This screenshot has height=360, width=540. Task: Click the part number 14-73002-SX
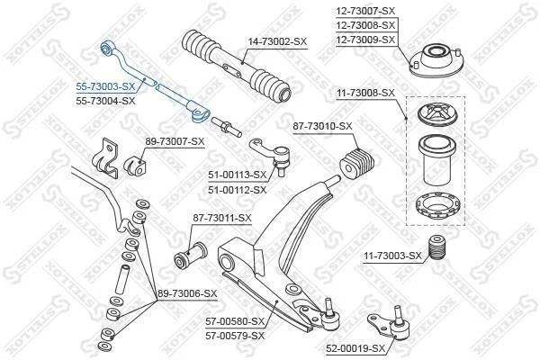[277, 41]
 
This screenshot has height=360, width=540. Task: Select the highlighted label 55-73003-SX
[105, 86]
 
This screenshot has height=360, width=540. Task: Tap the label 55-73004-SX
[105, 101]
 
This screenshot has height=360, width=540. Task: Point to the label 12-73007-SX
[365, 11]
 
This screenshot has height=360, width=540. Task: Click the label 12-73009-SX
[365, 40]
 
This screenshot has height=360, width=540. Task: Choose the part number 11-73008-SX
[365, 93]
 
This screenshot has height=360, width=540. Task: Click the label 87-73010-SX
[323, 126]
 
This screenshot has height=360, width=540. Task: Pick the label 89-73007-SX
[175, 141]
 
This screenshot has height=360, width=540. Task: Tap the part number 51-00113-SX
[238, 175]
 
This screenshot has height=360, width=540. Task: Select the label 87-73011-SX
[222, 218]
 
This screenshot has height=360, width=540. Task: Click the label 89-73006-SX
[187, 293]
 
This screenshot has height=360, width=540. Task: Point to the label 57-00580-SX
[235, 322]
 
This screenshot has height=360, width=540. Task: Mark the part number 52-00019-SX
[355, 348]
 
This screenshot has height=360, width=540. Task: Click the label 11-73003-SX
[392, 256]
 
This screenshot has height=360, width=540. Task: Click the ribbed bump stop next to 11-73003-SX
[437, 247]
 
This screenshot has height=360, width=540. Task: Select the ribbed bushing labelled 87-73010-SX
[356, 163]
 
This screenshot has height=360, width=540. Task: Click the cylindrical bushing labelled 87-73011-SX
[190, 256]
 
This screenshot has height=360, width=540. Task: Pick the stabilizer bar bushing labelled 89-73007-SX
[135, 166]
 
